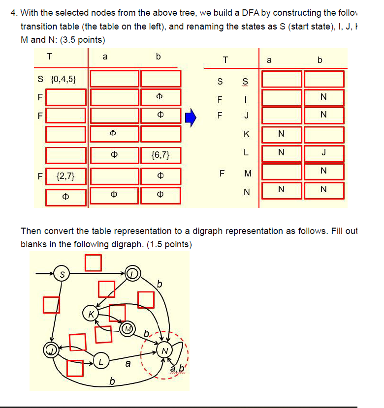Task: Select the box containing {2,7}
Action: pos(65,175)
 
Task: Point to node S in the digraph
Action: pos(62,274)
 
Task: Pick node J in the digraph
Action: pos(51,350)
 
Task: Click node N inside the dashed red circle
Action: pos(165,351)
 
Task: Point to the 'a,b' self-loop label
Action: pos(176,369)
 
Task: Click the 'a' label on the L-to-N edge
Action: pos(128,364)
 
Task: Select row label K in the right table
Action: pos(247,134)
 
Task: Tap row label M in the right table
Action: pos(248,173)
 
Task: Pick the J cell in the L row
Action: pos(323,152)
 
